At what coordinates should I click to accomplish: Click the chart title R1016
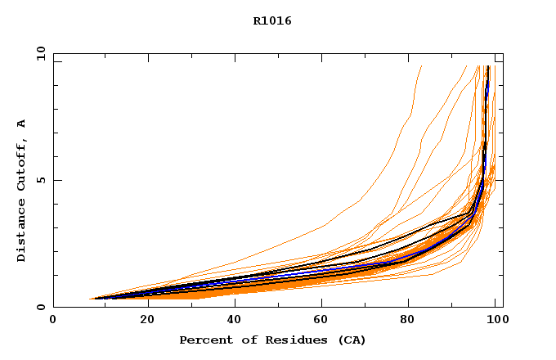(x=272, y=21)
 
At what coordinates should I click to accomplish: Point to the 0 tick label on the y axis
(x=40, y=307)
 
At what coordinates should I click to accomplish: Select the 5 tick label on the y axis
(x=40, y=180)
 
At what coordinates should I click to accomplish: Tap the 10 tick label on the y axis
(x=40, y=53)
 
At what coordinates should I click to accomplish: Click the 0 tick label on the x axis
(x=53, y=320)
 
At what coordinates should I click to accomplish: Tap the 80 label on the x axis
(x=411, y=320)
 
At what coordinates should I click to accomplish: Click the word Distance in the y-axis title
(x=21, y=234)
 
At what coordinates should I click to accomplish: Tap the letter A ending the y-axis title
(x=21, y=124)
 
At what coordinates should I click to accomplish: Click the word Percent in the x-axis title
(x=204, y=340)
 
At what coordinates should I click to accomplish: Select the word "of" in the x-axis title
(x=246, y=340)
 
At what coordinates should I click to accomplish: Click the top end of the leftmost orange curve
(x=421, y=66)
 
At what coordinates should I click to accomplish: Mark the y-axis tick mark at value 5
(x=56, y=180)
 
